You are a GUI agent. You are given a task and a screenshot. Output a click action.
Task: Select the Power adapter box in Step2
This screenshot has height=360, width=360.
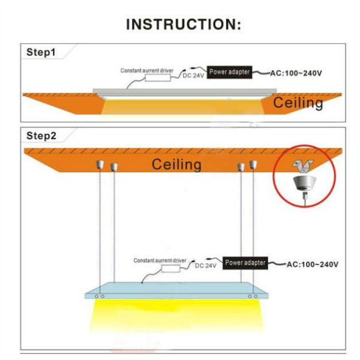pos(245,263)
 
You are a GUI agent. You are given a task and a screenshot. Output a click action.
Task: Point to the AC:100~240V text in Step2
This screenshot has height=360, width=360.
pos(313,264)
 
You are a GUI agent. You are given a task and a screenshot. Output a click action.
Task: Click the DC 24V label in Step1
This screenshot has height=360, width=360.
pos(194,76)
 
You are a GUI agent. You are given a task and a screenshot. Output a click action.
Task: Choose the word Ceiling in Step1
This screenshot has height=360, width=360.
pos(298,103)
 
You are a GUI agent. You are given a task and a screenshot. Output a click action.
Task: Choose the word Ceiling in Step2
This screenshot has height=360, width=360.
pos(176,164)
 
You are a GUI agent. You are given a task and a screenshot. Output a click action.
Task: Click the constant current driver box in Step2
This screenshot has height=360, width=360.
pos(170,268)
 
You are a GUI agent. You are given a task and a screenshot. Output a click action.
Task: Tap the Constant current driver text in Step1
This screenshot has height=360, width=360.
pos(147,70)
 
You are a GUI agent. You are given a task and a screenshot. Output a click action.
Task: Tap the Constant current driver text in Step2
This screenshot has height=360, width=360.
pos(160,260)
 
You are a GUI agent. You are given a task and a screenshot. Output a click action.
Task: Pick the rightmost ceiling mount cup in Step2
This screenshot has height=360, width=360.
pos(253,166)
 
